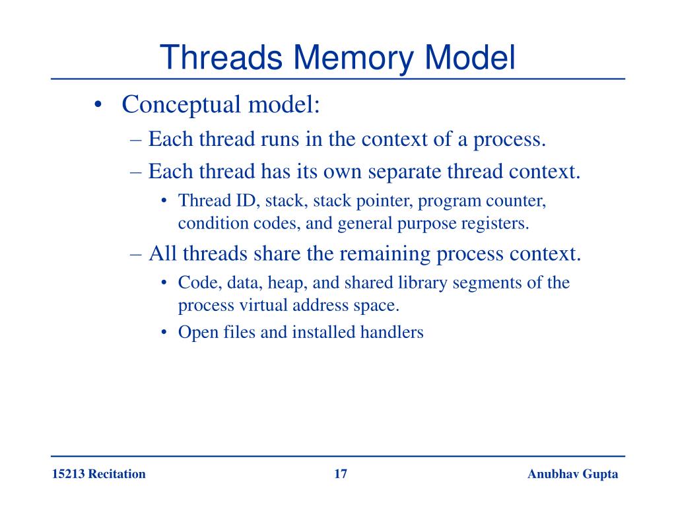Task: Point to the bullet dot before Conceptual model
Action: pyautogui.click(x=98, y=105)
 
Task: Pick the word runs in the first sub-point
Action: pyautogui.click(x=277, y=140)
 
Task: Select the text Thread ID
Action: pyautogui.click(x=211, y=200)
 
